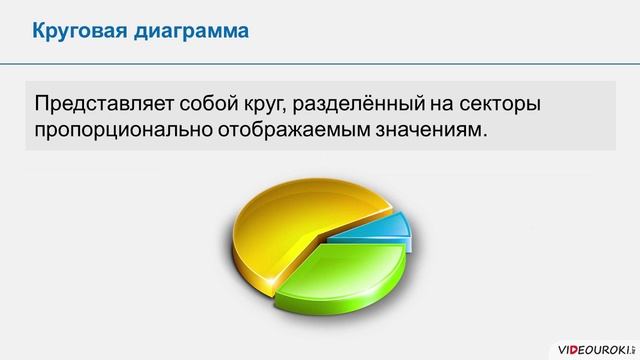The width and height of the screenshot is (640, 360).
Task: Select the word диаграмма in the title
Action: (x=193, y=31)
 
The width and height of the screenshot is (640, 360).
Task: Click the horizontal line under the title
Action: (x=320, y=63)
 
